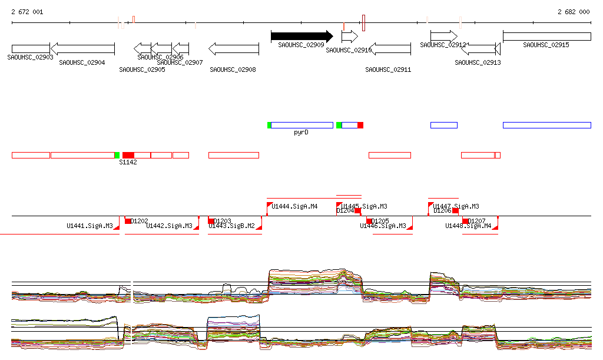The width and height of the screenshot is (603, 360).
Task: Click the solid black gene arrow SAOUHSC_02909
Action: tap(301, 37)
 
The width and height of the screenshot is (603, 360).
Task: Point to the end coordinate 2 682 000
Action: tap(573, 12)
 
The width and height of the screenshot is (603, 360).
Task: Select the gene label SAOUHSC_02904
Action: tap(82, 62)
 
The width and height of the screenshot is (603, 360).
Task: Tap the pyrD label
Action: tap(301, 133)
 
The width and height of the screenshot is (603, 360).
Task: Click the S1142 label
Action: tap(128, 162)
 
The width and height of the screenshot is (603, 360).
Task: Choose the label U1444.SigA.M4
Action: tap(294, 206)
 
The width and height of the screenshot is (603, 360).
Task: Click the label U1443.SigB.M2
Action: tap(231, 226)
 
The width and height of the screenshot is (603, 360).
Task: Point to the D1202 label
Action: tap(140, 221)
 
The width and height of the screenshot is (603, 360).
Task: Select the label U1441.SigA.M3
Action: tap(90, 226)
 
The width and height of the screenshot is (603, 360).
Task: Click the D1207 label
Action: tap(477, 221)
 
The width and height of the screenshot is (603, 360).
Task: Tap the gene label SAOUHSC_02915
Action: tap(546, 45)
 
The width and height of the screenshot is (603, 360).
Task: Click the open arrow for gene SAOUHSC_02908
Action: tap(234, 48)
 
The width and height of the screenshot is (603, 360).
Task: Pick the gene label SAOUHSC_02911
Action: tap(388, 70)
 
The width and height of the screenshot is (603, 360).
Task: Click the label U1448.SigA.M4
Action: tap(468, 226)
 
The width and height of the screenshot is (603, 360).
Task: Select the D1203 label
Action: tap(223, 221)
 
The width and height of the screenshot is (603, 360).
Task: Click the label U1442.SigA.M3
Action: tap(169, 226)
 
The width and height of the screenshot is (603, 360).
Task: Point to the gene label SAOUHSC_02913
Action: tap(478, 62)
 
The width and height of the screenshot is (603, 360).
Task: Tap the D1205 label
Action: tap(380, 221)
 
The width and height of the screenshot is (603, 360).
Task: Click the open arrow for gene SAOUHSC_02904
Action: tap(82, 48)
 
